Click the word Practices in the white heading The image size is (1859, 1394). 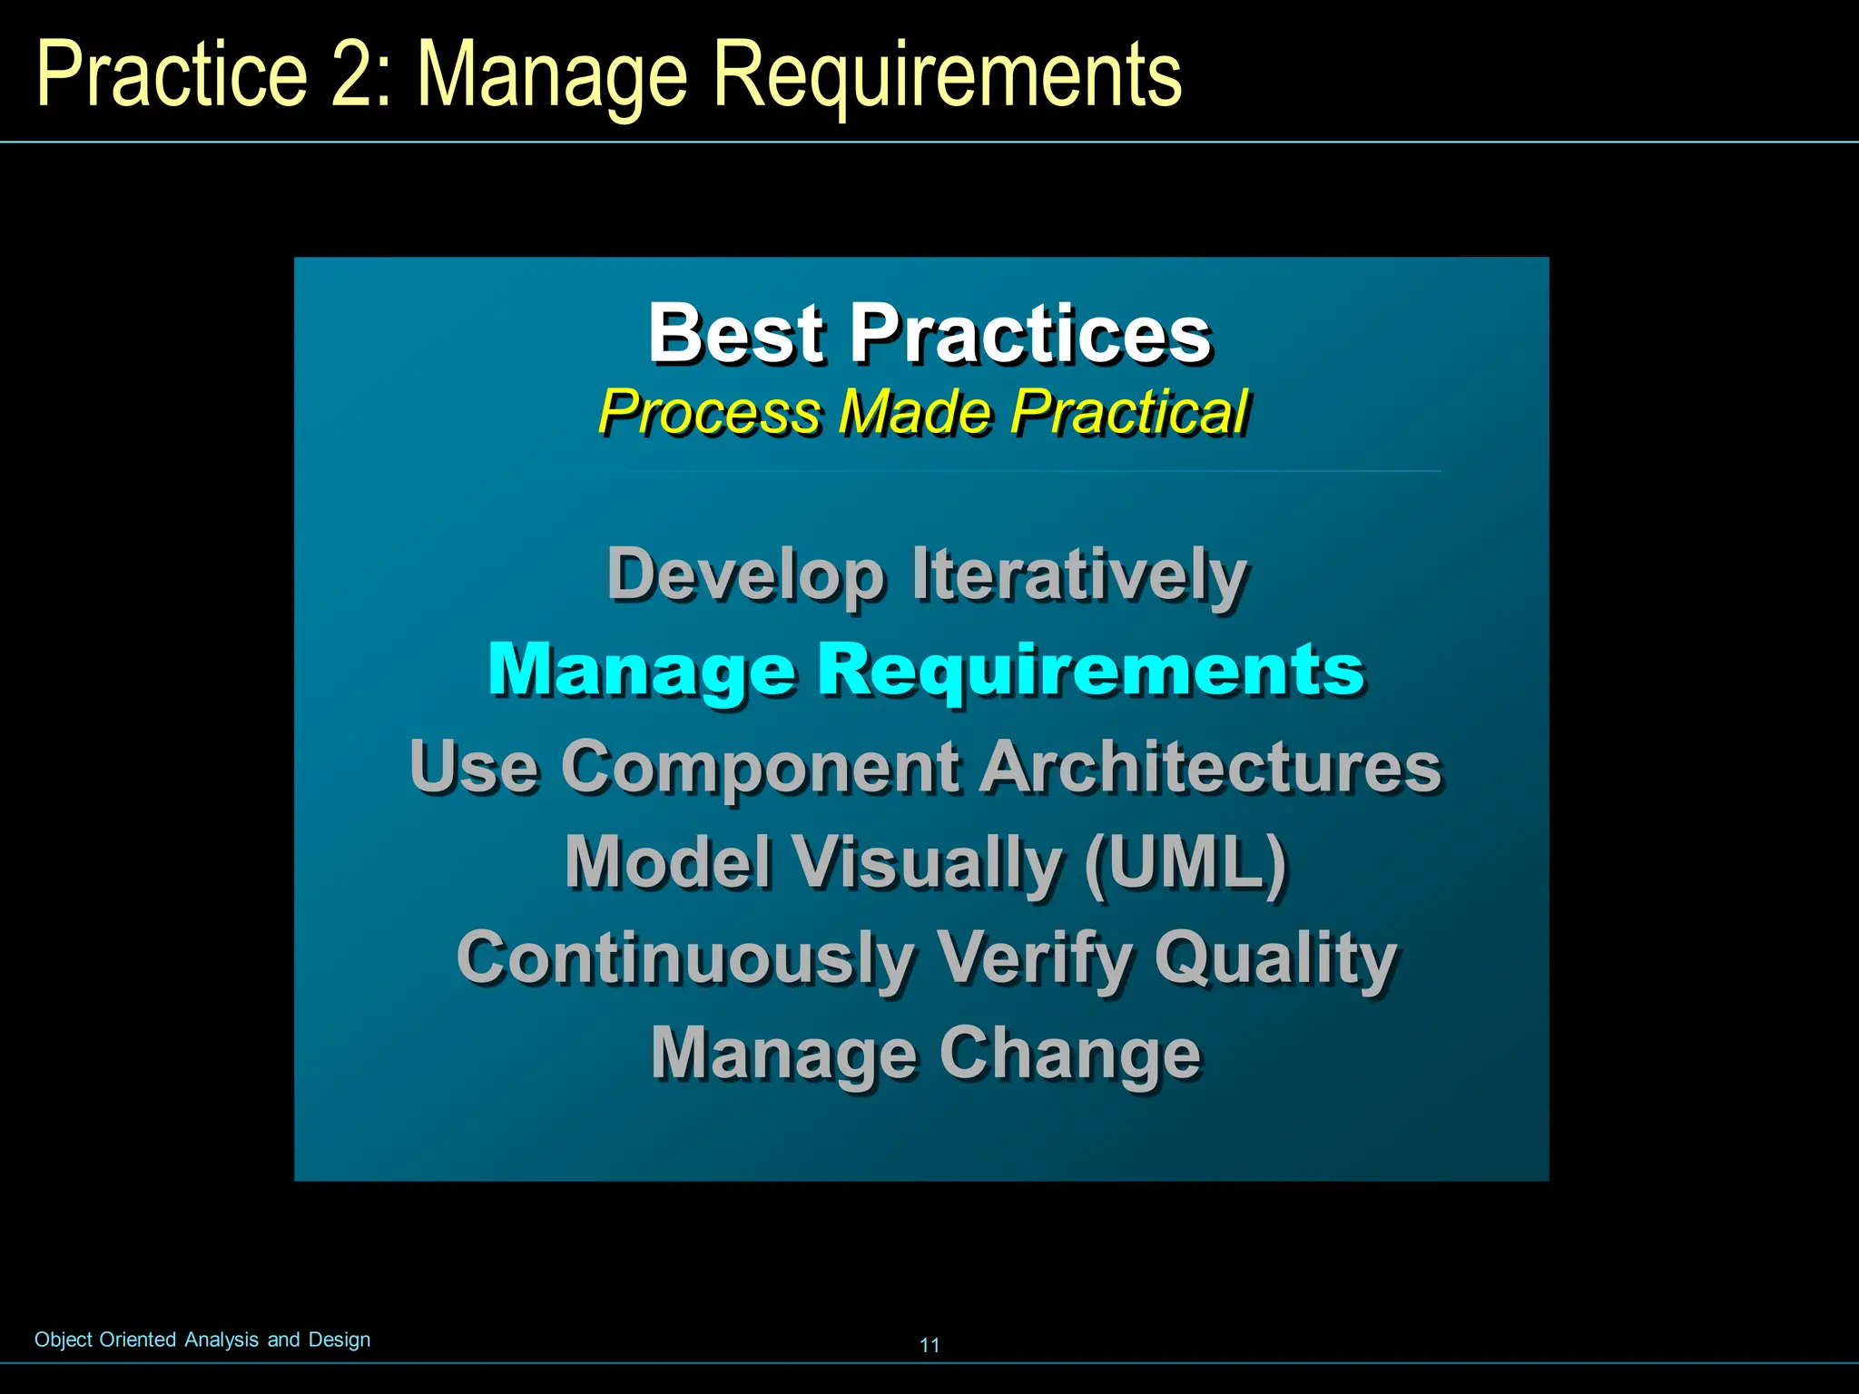[1029, 334]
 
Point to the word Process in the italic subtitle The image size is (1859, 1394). [710, 413]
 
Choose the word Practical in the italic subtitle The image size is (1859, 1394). [1130, 413]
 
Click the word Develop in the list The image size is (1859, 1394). [745, 575]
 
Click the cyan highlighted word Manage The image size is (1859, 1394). [642, 670]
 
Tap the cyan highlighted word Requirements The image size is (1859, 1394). [1091, 670]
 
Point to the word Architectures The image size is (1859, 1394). [1211, 767]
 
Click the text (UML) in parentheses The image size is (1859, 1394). [1186, 861]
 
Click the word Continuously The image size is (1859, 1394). [686, 958]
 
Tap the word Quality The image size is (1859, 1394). [1275, 958]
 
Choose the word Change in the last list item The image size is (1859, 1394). [1070, 1054]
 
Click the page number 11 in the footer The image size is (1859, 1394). [929, 1345]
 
